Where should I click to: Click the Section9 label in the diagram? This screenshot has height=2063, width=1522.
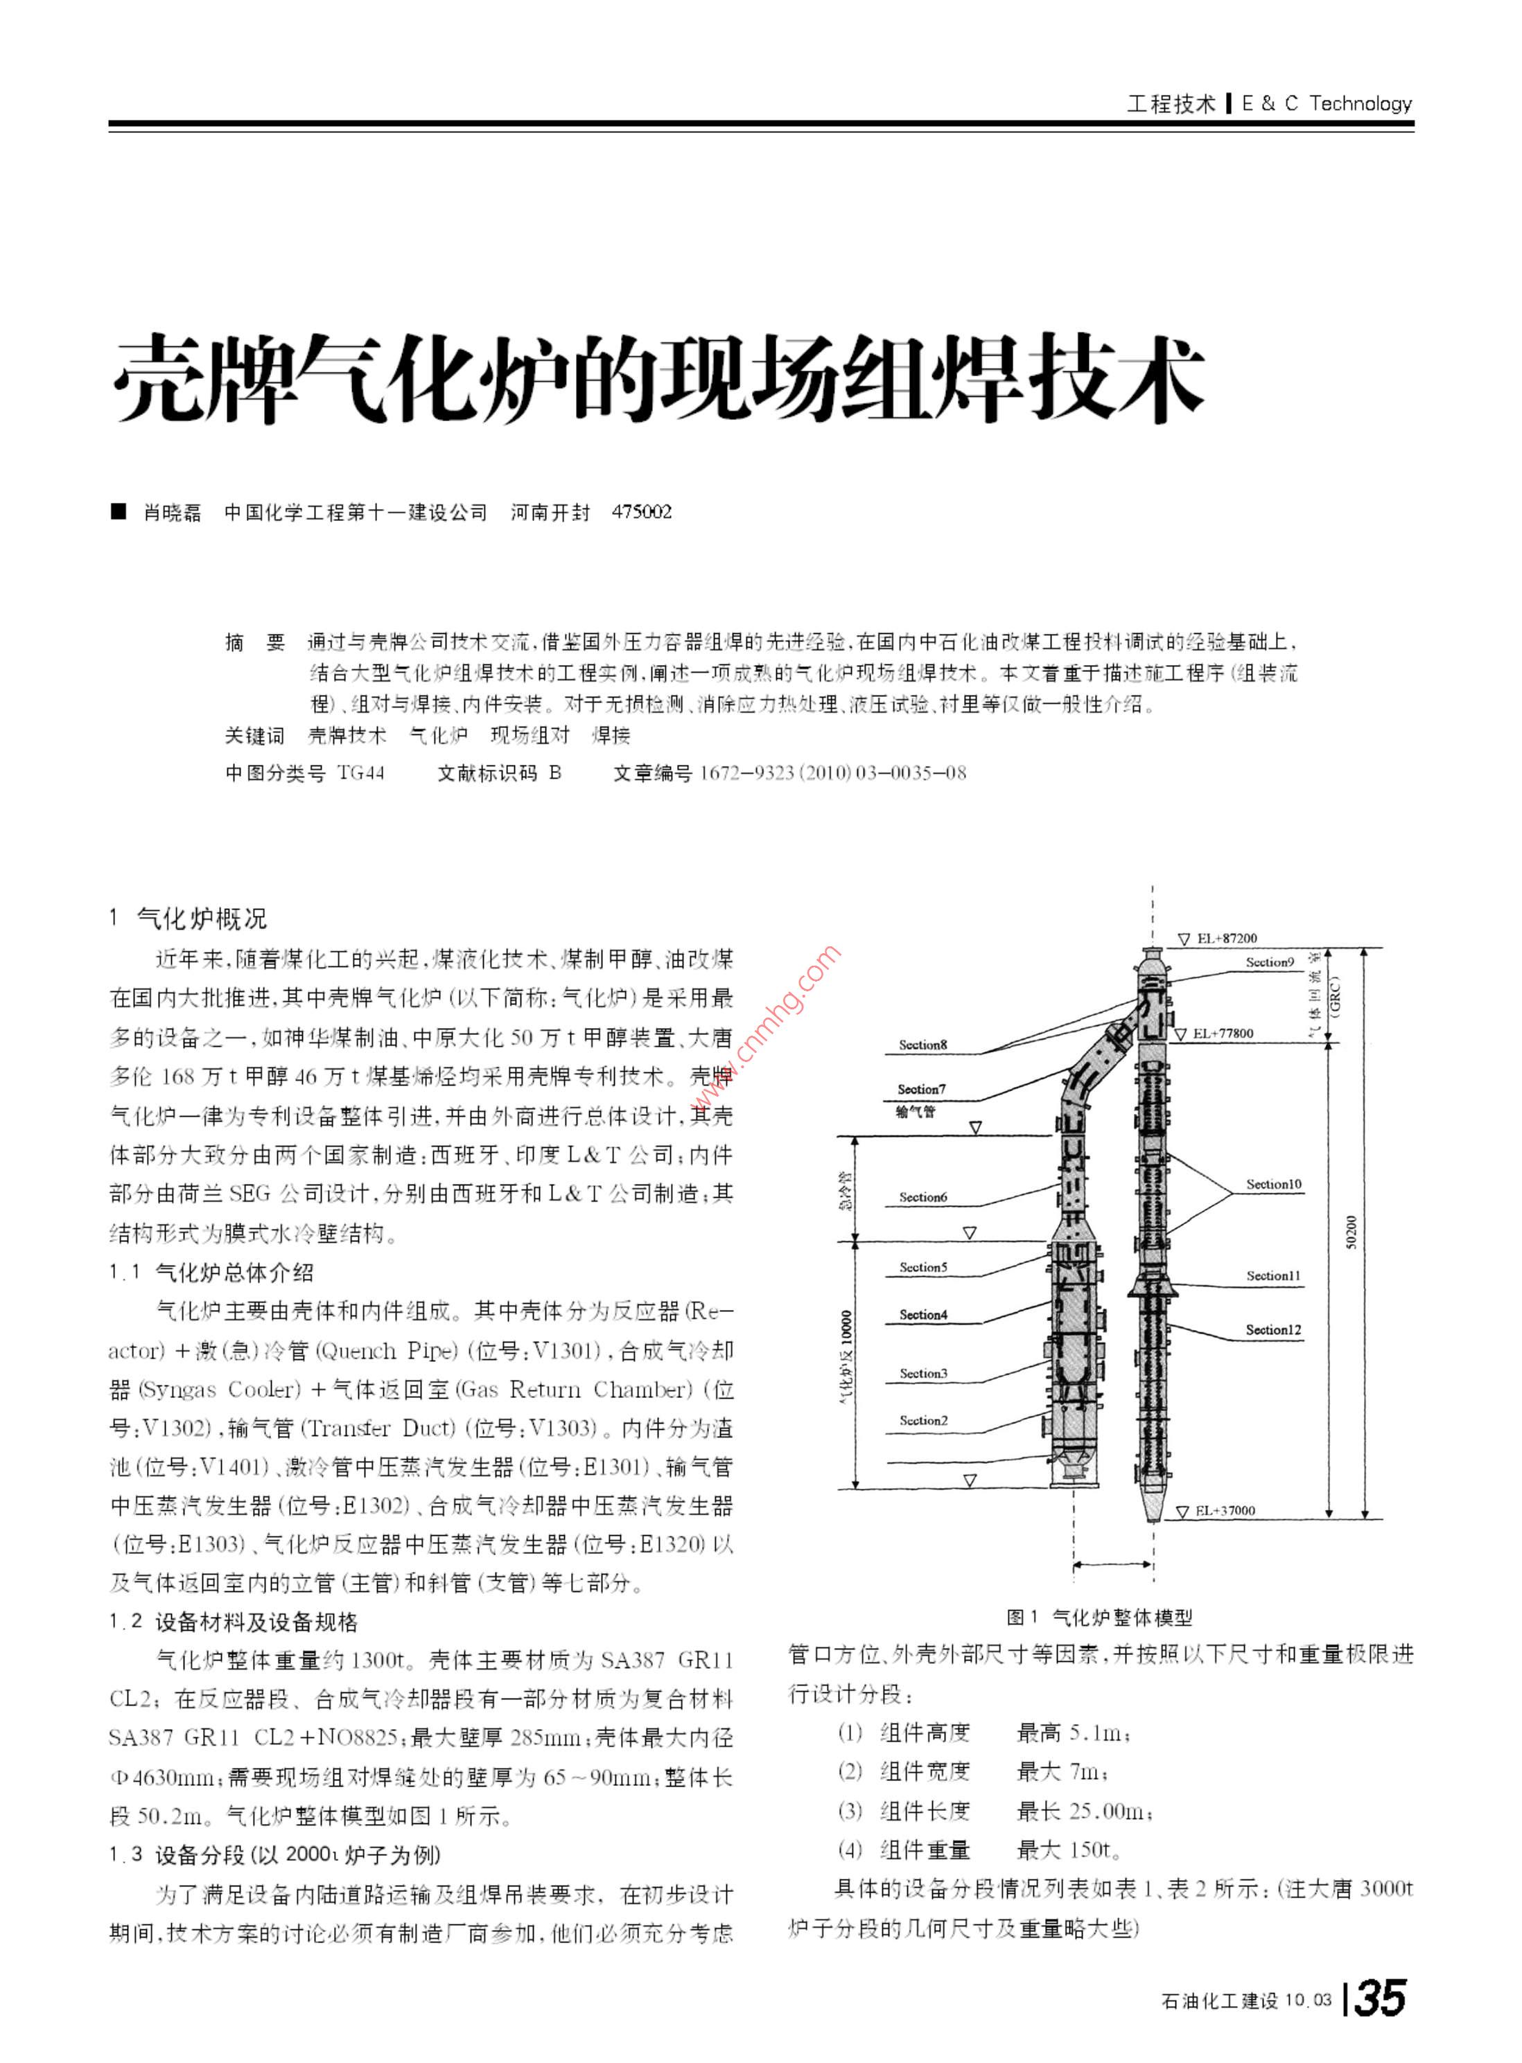[1270, 962]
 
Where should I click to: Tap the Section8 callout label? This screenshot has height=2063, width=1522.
[922, 1045]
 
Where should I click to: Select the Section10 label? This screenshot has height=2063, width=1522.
[1273, 1185]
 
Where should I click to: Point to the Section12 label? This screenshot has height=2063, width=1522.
[1273, 1330]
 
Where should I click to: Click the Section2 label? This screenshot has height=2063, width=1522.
[923, 1420]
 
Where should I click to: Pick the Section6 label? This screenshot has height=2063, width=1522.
[923, 1197]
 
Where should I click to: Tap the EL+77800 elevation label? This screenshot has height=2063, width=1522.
[1223, 1034]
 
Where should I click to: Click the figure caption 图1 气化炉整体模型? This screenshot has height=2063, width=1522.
[1099, 1616]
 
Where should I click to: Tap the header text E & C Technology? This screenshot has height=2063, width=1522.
[1326, 104]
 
